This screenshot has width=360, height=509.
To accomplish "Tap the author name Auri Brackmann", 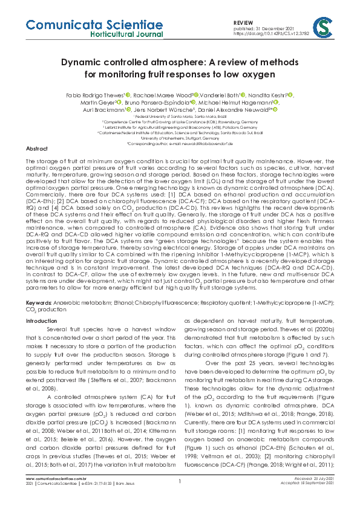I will coord(103,110).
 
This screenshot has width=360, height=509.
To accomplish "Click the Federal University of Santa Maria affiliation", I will coord(179,116).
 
